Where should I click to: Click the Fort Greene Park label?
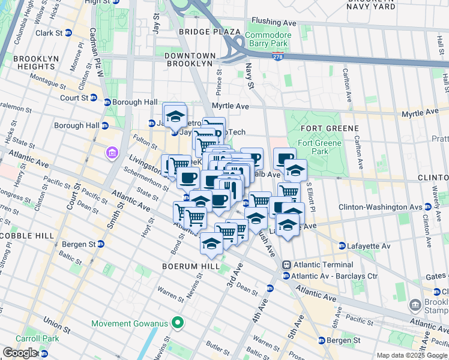[319, 147]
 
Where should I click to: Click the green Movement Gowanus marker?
[176, 323]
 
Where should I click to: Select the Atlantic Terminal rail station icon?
[287, 265]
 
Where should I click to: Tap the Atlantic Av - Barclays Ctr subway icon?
[286, 276]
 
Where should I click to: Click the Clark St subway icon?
[68, 33]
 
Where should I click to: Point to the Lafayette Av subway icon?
[342, 245]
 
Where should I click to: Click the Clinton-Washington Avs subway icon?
[427, 207]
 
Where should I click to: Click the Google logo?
[20, 353]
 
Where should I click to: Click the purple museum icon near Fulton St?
[112, 154]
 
